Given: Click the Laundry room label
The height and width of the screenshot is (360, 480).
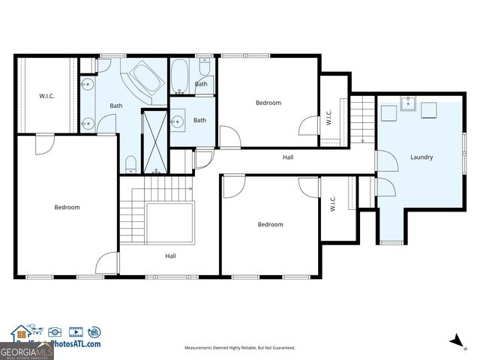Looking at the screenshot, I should (x=421, y=157).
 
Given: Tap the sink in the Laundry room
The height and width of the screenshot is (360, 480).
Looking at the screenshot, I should (x=409, y=103).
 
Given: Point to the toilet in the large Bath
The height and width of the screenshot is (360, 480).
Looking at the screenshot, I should (x=131, y=163).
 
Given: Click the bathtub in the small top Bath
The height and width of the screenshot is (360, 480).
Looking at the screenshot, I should (x=180, y=74).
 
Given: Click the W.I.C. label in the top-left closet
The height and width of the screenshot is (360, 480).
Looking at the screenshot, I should (x=47, y=95).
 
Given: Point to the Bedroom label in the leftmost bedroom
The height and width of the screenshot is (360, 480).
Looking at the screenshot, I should (x=67, y=207).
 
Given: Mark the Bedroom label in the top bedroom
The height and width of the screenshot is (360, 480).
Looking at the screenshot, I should (x=268, y=103).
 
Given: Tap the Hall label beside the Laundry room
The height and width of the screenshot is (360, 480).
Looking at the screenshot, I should (x=288, y=157).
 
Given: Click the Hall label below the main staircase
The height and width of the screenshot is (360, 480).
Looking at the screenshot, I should (x=171, y=256).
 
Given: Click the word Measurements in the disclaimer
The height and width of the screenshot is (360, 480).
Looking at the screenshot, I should (x=202, y=348).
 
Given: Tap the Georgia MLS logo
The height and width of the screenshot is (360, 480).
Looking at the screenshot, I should (x=26, y=350).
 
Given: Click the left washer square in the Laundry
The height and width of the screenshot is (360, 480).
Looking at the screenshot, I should (x=388, y=112).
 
